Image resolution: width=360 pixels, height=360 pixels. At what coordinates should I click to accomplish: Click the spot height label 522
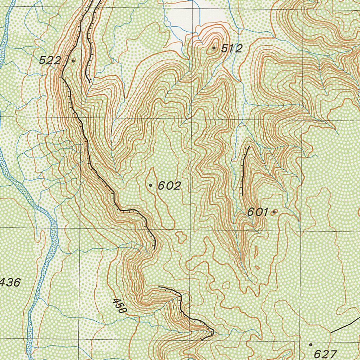tap(50, 60)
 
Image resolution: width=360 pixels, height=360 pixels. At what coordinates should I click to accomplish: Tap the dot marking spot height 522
tap(73, 61)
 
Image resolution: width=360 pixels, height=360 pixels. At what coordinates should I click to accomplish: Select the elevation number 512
tap(232, 49)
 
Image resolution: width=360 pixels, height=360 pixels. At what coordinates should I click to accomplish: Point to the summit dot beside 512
tap(214, 48)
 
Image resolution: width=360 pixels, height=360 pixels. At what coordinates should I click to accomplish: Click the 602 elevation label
tap(169, 186)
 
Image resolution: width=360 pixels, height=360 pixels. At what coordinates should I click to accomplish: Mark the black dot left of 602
tap(151, 185)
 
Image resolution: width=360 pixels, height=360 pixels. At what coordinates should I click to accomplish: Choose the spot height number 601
tap(258, 212)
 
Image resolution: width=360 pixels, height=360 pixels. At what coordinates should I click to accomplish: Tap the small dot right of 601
tap(274, 212)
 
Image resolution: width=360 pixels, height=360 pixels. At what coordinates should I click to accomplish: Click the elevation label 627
tap(325, 353)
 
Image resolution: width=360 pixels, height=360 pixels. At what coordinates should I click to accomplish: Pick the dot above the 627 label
tap(310, 345)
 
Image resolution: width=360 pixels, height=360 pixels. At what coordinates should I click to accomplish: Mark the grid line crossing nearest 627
tap(300, 341)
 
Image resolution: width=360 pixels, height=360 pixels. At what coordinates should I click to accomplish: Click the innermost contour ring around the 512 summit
tap(213, 49)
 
